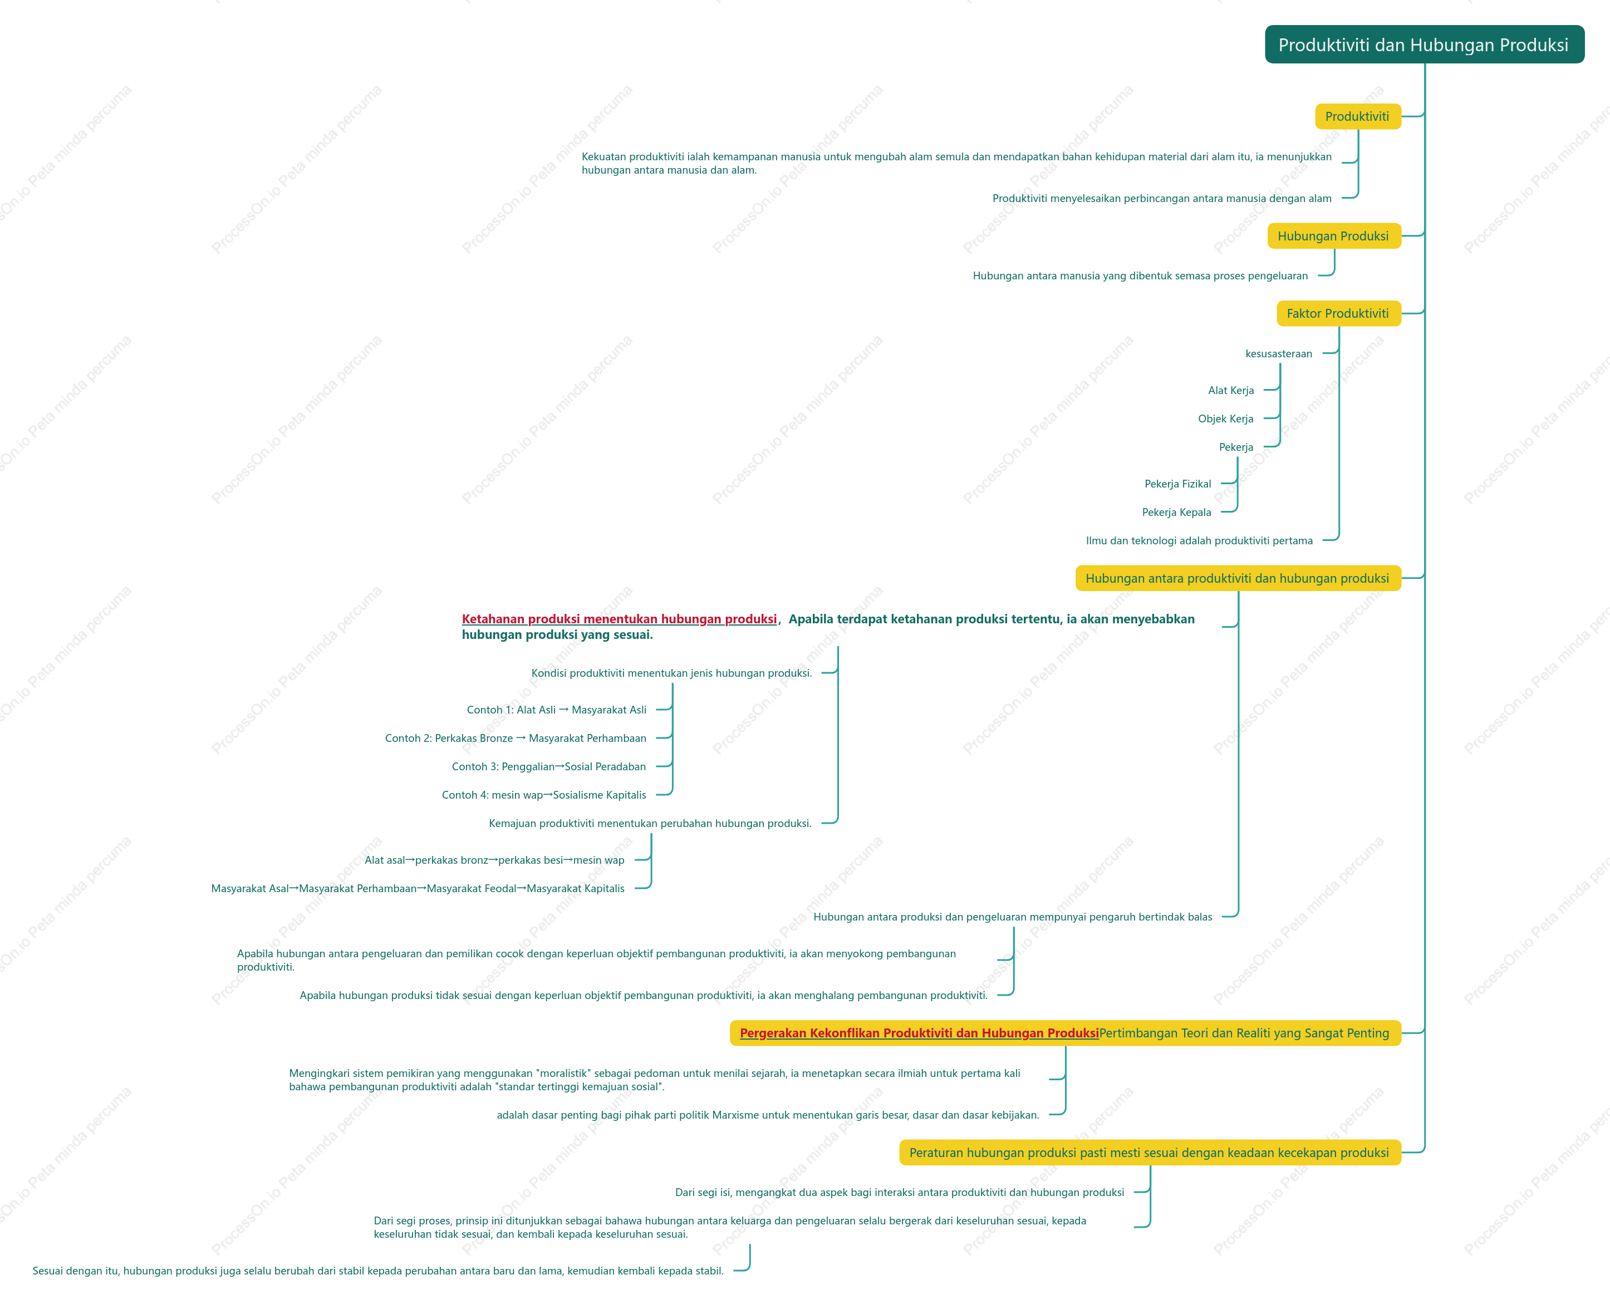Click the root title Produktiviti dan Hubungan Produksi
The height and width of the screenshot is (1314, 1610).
click(x=1424, y=45)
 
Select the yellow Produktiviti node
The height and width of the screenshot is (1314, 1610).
click(x=1357, y=116)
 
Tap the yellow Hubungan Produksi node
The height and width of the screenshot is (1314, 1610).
click(x=1334, y=236)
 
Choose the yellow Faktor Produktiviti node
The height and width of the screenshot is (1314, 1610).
click(x=1338, y=313)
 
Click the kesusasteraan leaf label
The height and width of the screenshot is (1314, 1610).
click(x=1278, y=353)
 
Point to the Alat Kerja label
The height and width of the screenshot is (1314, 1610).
click(x=1231, y=391)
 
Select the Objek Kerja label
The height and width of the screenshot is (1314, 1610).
click(x=1225, y=419)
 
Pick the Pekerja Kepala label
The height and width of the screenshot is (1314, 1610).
click(x=1176, y=513)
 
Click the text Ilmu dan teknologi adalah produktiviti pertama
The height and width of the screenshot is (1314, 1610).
click(x=1199, y=540)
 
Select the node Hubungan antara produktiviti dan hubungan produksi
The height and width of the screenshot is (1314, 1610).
click(x=1238, y=578)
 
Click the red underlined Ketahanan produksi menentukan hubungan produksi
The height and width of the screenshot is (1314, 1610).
click(x=619, y=619)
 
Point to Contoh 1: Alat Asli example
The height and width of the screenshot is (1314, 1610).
click(x=556, y=710)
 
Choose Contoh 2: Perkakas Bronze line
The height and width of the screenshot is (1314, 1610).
click(x=516, y=738)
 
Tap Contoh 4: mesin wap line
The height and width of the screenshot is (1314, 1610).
click(x=543, y=795)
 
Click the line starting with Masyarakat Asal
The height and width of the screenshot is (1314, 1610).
click(x=418, y=889)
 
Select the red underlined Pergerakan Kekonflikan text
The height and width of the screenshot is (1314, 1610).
click(x=919, y=1033)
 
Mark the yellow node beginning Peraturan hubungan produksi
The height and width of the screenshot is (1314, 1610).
click(x=1150, y=1153)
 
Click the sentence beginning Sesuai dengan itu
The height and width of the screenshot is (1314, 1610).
click(x=377, y=1271)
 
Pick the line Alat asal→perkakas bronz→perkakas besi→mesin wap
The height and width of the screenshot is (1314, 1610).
click(x=494, y=860)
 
